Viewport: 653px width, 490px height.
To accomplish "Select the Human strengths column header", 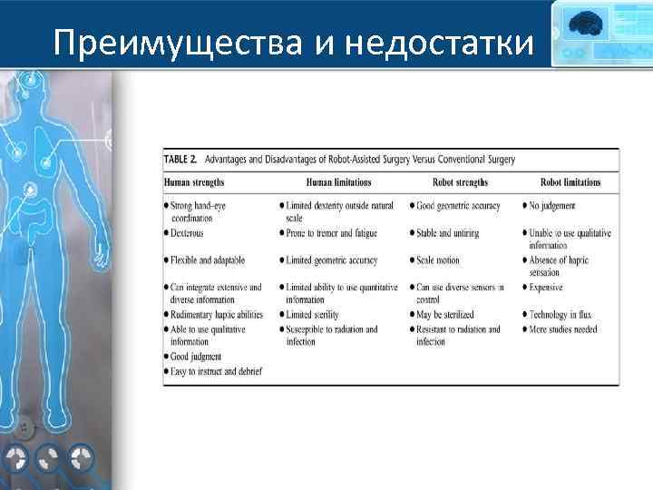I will tap(194, 182).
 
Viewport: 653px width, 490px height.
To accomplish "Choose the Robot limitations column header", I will tap(570, 182).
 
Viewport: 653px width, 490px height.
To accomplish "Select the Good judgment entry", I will tap(197, 357).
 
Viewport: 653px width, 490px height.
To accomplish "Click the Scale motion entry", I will tap(438, 260).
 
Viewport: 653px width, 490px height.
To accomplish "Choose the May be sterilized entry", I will tap(445, 315).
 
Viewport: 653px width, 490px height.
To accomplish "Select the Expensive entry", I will tap(546, 288).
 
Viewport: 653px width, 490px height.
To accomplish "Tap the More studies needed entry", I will tap(563, 328).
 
